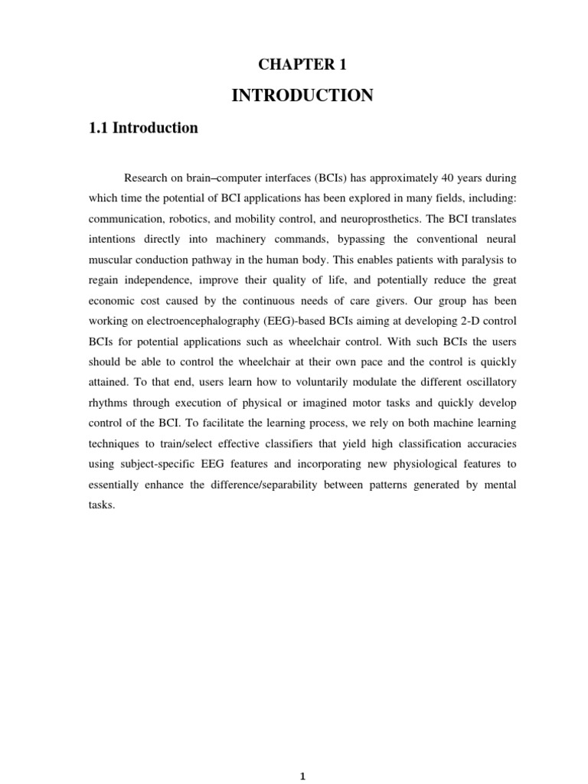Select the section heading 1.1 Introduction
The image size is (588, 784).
(144, 128)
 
